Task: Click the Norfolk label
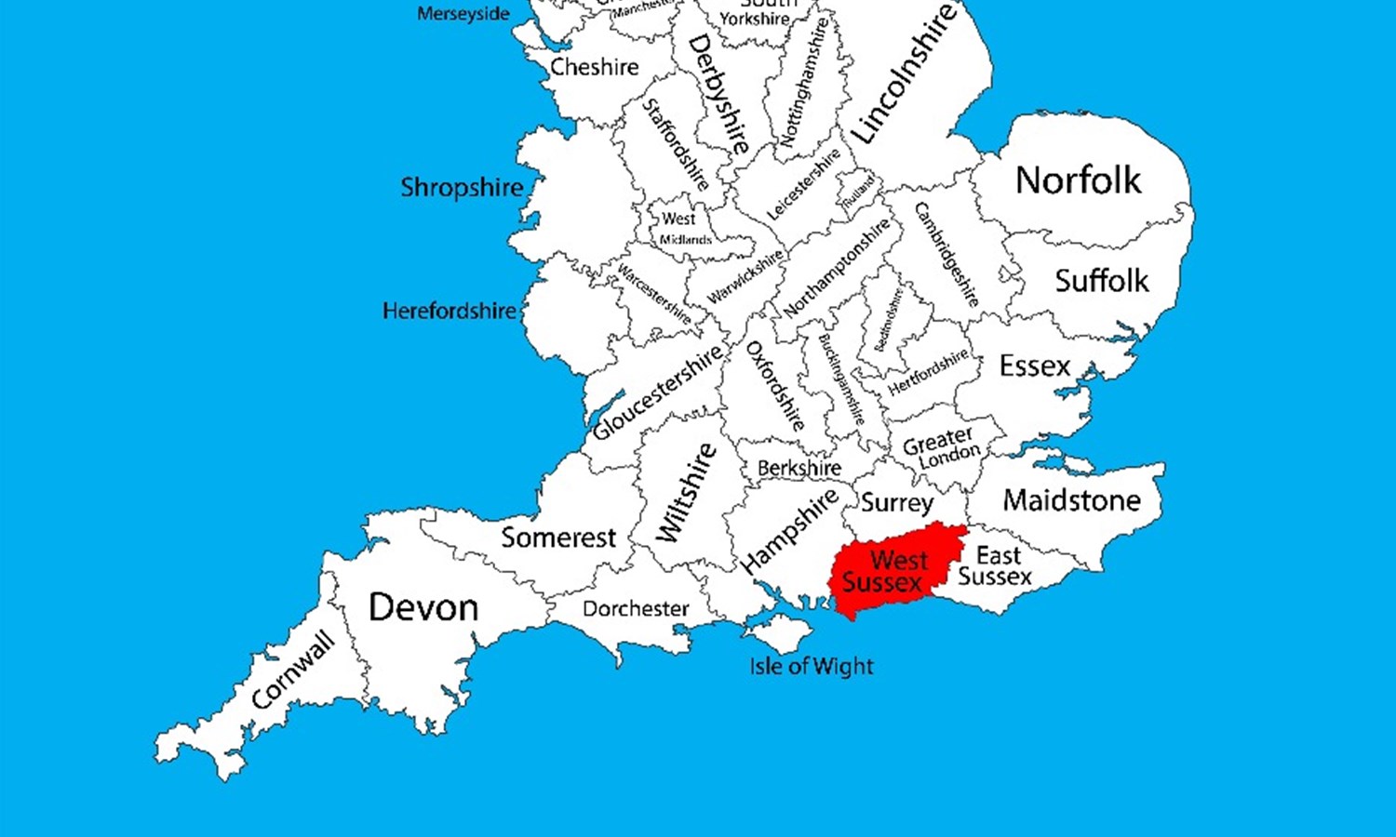tap(1078, 180)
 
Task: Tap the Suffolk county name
tap(1102, 281)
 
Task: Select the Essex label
tap(1035, 366)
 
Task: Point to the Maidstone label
tap(1071, 500)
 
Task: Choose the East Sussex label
tap(995, 566)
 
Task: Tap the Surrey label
tap(896, 503)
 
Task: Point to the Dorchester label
tap(636, 609)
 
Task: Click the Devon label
tap(423, 608)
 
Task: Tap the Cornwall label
tap(293, 670)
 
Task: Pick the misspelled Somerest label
tap(558, 538)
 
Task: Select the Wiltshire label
tap(687, 492)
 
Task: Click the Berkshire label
tap(799, 468)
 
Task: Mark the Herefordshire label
tap(449, 311)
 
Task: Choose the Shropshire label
tap(462, 188)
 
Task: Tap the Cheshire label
tap(595, 67)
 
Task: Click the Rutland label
tap(859, 191)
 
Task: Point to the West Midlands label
tap(683, 229)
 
